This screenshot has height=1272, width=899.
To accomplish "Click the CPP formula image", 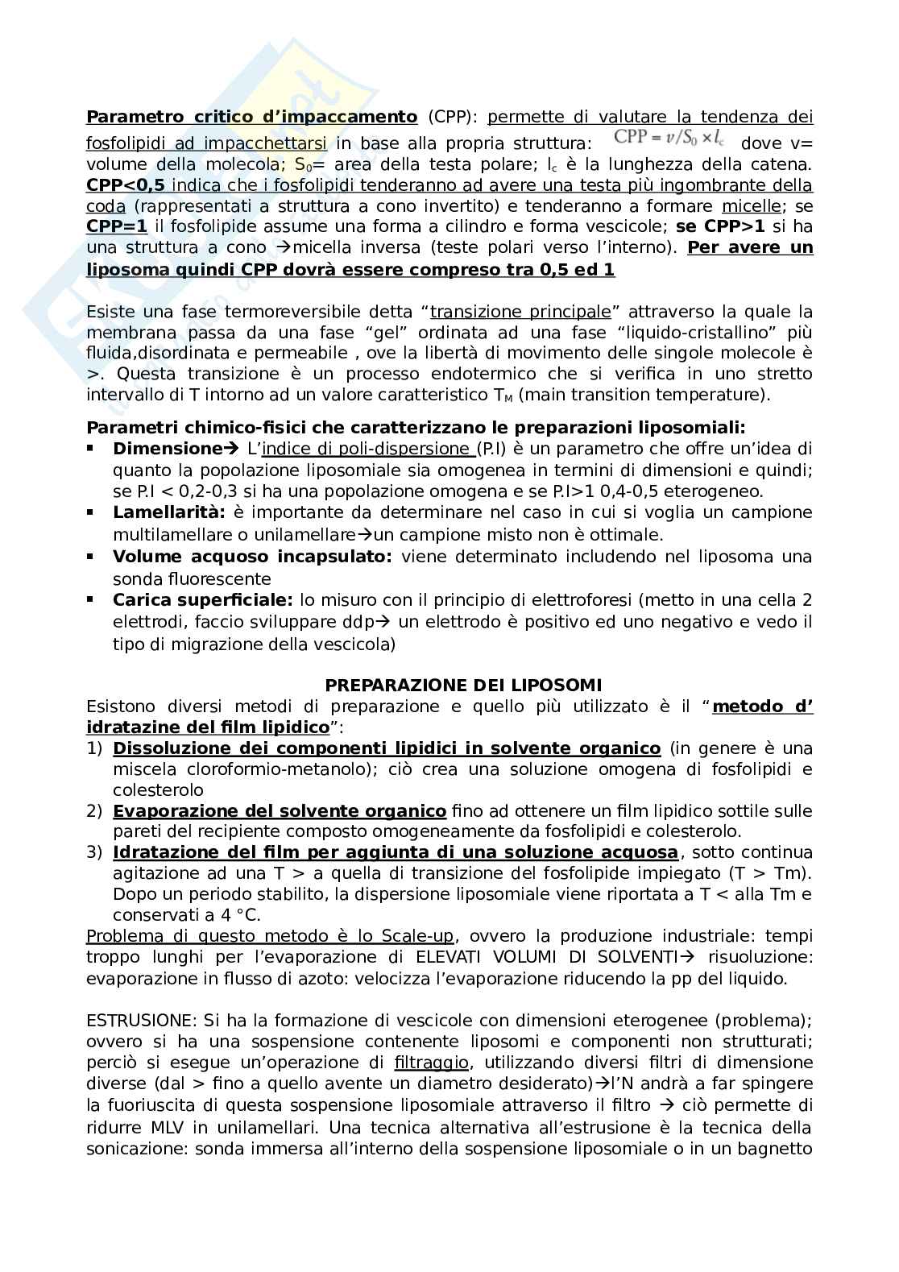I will pos(668,138).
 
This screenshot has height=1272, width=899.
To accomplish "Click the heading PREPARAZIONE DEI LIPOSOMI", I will pos(463,686).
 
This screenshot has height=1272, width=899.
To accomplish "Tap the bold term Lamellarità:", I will pos(171,512).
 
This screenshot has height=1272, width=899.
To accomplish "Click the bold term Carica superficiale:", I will pos(203,600).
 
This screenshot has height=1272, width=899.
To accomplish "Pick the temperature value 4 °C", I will pos(239,915).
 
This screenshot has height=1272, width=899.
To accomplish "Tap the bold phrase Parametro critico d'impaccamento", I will pos(251,117).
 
